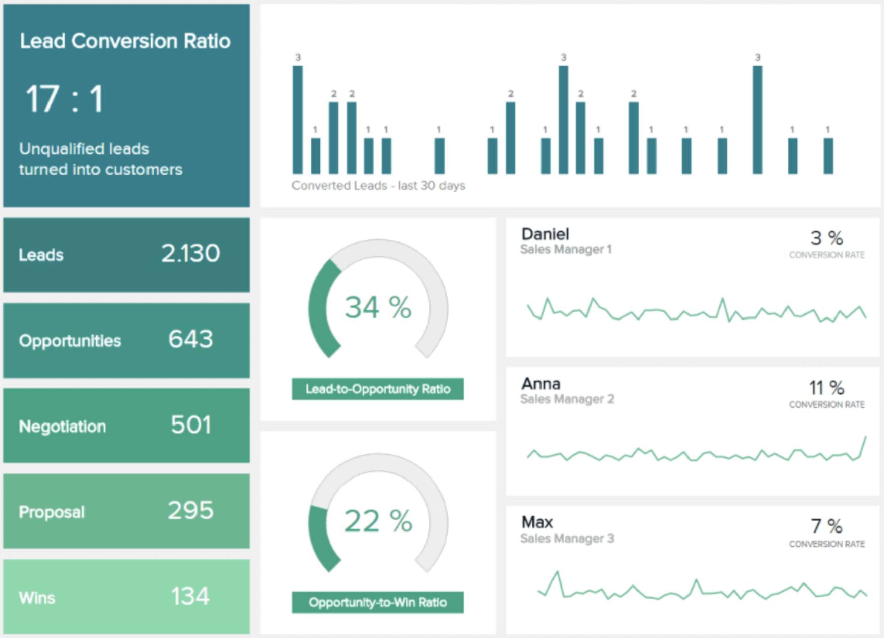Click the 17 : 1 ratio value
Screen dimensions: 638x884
point(65,99)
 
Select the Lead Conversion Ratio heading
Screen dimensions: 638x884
point(125,41)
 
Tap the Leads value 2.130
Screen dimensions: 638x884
point(190,253)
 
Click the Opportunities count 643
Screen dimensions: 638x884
point(190,339)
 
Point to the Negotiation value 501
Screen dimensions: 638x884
point(190,425)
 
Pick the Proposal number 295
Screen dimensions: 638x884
point(190,511)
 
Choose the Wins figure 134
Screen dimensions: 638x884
point(190,597)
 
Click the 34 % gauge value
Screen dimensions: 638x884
point(378,307)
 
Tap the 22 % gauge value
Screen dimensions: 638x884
point(378,521)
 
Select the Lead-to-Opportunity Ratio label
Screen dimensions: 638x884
point(377,389)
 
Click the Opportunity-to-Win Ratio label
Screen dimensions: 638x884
point(377,603)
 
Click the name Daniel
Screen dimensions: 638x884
point(545,234)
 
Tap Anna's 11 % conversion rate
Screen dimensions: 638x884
point(826,388)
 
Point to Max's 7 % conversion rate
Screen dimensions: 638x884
point(826,526)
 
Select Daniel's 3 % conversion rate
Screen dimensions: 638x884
point(826,238)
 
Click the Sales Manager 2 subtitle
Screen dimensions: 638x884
point(567,399)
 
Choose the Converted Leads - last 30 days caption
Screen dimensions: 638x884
point(378,186)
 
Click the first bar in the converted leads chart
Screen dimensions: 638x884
point(298,120)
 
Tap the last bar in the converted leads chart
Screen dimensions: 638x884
point(828,156)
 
